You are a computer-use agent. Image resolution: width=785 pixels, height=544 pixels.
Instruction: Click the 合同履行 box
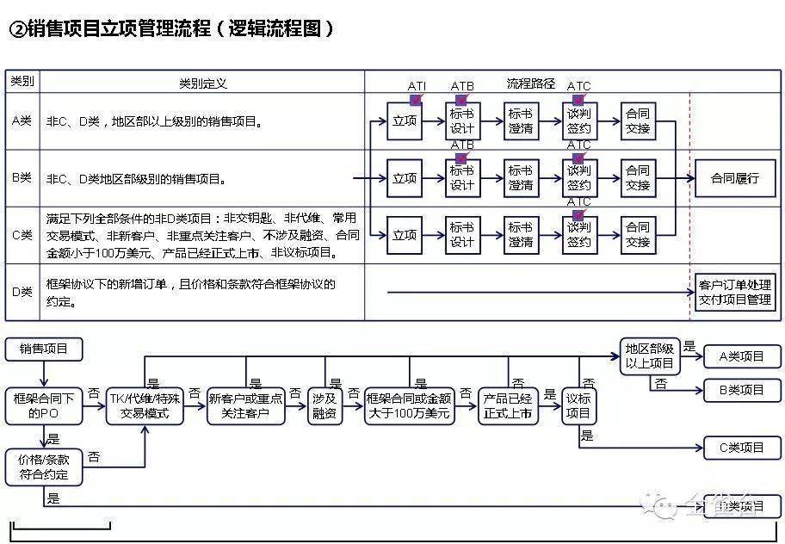(x=734, y=178)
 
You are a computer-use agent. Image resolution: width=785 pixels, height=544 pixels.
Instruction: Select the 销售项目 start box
(x=43, y=349)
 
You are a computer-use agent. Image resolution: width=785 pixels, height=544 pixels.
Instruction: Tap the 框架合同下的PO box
(x=44, y=405)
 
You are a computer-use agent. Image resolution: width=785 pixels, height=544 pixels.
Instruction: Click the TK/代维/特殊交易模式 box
(x=145, y=405)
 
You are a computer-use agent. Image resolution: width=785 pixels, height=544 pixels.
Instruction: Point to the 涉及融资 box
(x=325, y=405)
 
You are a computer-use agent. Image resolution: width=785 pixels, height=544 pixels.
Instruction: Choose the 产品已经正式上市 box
(x=508, y=405)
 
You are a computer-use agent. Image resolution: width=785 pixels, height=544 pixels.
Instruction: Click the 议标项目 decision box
(x=578, y=405)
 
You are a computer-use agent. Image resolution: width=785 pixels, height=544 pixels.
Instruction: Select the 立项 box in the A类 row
(x=405, y=121)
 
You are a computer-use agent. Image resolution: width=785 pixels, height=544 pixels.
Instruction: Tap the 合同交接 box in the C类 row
(x=638, y=235)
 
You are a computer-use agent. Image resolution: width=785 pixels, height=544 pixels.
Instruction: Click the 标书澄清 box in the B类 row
(x=521, y=178)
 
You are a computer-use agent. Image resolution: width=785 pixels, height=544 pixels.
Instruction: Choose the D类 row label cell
(x=22, y=292)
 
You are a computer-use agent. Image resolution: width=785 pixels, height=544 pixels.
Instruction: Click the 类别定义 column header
(x=202, y=83)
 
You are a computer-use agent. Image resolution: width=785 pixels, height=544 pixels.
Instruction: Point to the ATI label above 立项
(x=417, y=86)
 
